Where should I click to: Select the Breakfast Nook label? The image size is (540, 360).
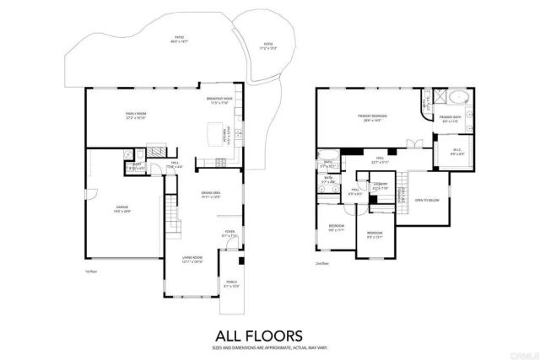pos(219,99)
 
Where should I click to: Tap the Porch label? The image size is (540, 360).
pos(231,285)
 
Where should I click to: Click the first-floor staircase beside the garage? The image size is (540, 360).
pos(173,221)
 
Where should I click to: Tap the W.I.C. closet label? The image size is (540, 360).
pos(453,153)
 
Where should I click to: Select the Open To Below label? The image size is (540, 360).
pos(427,200)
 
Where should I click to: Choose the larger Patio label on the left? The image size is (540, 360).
pos(179,39)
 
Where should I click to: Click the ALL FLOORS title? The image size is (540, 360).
pos(269,334)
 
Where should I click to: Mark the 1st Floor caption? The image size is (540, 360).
pos(91,271)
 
